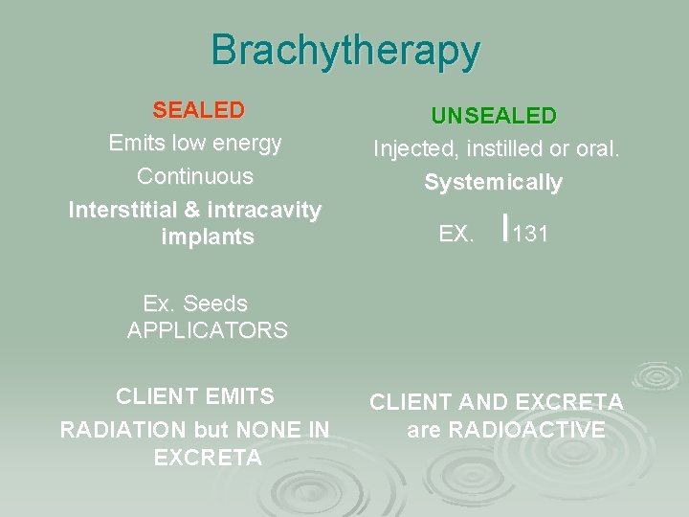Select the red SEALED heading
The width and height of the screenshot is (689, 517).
(x=198, y=110)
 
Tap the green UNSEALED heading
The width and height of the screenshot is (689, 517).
(x=493, y=116)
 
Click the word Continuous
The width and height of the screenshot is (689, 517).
(x=195, y=176)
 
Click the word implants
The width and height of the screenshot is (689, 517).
(x=209, y=237)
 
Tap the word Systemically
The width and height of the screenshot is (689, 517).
(x=493, y=182)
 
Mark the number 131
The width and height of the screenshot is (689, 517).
(x=530, y=234)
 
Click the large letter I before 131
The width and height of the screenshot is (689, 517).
(x=503, y=228)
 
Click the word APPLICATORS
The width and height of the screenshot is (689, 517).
(x=208, y=331)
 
